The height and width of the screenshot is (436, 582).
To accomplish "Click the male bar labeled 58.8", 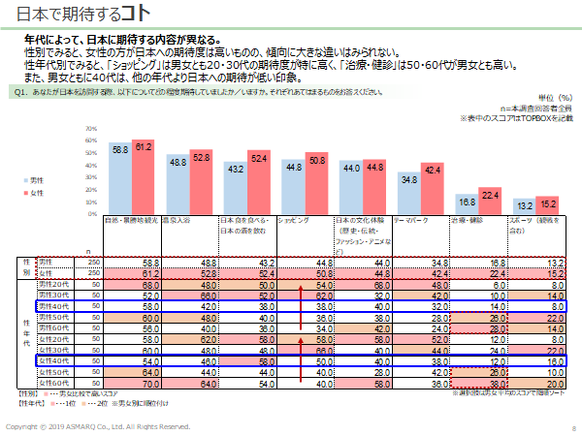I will coord(119,179).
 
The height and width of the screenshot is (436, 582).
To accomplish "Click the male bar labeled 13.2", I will coord(524,206).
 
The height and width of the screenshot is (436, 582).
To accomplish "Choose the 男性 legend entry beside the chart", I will coord(60,181).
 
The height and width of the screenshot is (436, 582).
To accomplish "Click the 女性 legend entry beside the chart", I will coord(60,195).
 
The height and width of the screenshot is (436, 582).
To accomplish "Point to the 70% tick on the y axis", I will coord(92,129).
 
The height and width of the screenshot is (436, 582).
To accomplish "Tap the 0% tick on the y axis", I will coord(94,213).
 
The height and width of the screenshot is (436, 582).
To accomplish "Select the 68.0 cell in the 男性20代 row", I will coord(150,284).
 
